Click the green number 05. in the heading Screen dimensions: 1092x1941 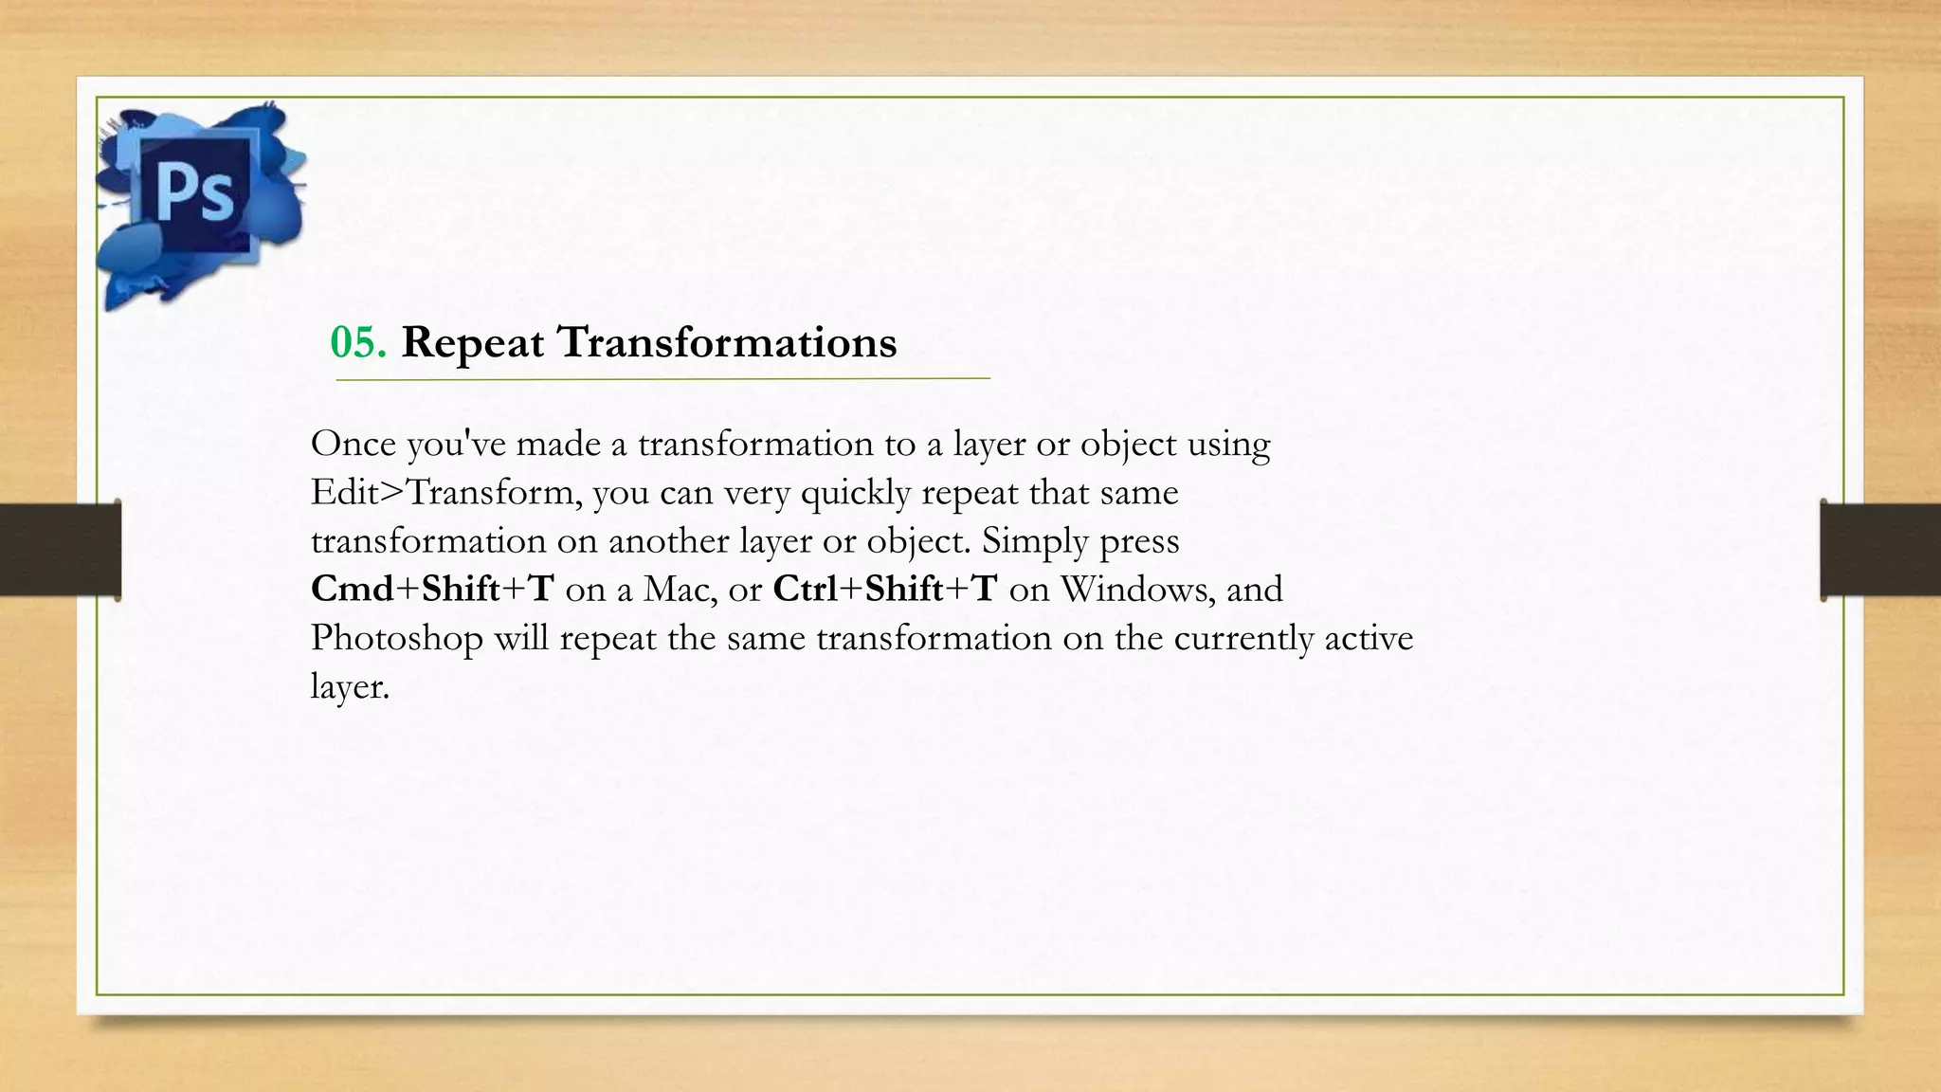[x=357, y=342]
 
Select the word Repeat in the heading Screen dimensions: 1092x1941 [x=473, y=343]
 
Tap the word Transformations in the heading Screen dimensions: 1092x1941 [x=727, y=342]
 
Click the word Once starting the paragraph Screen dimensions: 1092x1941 [x=353, y=444]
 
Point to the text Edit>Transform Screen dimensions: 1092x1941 [x=446, y=493]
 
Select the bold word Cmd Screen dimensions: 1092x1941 [x=352, y=589]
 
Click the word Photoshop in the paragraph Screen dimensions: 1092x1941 [x=397, y=638]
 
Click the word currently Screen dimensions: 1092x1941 [x=1243, y=638]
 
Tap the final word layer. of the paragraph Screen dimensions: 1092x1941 [x=350, y=686]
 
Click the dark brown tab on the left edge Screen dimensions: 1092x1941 [x=60, y=550]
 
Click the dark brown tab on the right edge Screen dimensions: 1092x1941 [x=1880, y=550]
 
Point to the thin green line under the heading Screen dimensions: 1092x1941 [x=662, y=379]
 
